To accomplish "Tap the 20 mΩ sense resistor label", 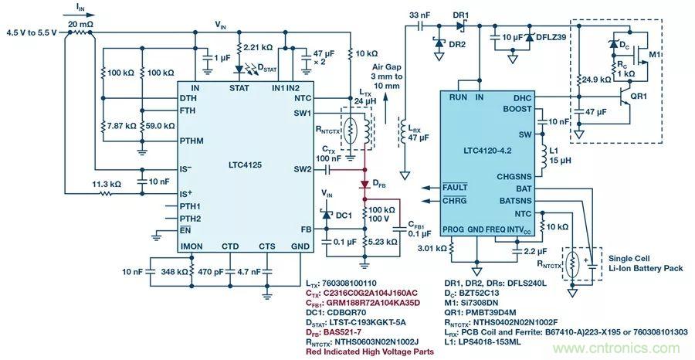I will point(80,24).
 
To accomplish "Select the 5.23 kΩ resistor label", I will point(384,240).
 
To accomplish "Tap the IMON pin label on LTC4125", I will point(192,245).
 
